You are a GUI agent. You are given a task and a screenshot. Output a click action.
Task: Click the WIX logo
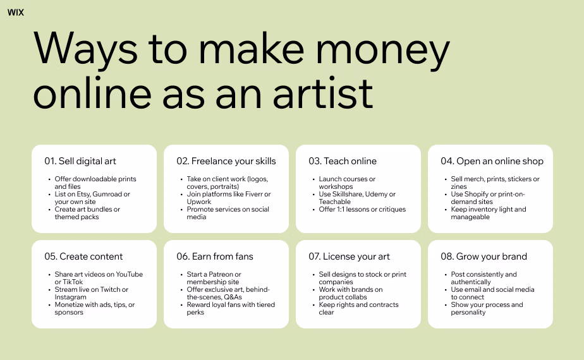click(x=15, y=12)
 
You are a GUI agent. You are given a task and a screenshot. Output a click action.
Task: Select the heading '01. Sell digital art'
click(x=80, y=161)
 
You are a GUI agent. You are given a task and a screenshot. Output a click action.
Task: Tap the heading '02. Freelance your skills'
click(x=226, y=161)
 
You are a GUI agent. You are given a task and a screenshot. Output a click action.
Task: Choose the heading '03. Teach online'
click(x=342, y=161)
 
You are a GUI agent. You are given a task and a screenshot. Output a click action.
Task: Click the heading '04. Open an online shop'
click(x=492, y=161)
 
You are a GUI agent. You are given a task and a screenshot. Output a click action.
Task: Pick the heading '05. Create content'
click(x=83, y=256)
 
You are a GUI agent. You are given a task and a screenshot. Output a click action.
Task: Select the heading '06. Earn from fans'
click(x=214, y=256)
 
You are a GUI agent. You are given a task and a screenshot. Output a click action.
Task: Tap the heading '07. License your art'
click(x=349, y=256)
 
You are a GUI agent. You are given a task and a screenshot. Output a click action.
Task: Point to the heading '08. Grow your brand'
click(x=484, y=256)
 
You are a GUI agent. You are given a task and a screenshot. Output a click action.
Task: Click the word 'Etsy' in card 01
click(x=83, y=195)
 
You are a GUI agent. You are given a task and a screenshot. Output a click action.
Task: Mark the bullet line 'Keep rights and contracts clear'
click(x=358, y=308)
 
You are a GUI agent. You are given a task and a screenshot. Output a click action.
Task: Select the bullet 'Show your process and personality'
click(x=487, y=308)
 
